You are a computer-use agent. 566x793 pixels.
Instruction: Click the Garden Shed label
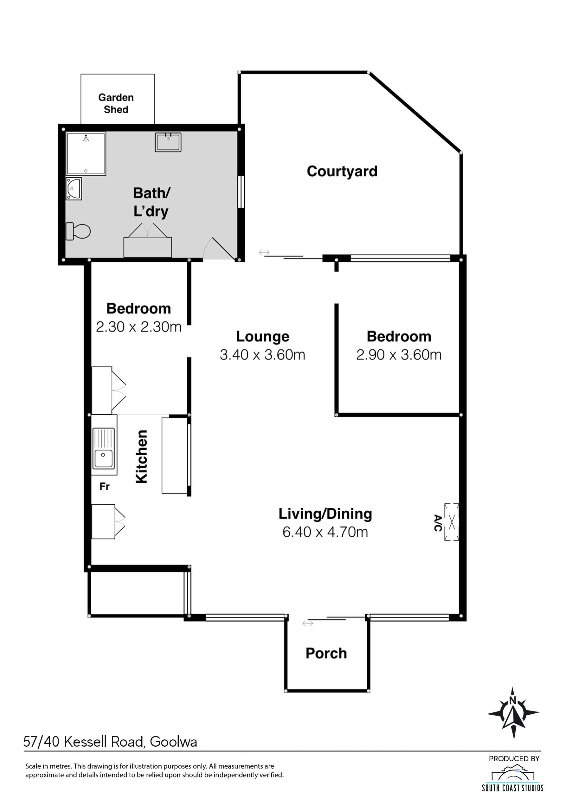tap(116, 103)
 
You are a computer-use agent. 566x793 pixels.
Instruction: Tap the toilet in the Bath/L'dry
tap(78, 231)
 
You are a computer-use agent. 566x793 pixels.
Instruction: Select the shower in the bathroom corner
tap(86, 154)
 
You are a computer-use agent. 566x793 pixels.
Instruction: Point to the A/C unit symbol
tap(452, 522)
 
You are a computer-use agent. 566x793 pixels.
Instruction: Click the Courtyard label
tap(342, 171)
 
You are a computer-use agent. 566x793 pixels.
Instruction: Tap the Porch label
tap(326, 653)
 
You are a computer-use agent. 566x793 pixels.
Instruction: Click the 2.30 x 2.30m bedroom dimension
tap(139, 327)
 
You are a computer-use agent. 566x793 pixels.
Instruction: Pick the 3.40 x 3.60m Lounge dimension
tap(262, 355)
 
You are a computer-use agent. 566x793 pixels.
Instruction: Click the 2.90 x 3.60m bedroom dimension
tap(399, 355)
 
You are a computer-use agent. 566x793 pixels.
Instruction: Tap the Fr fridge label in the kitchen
tap(104, 486)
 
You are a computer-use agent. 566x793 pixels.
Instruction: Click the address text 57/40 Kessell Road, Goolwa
tap(110, 742)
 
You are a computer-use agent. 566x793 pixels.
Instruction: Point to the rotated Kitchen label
tap(141, 457)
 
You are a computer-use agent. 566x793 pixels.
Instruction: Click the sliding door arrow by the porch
tap(308, 623)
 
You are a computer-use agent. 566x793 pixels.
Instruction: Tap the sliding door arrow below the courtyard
tap(264, 252)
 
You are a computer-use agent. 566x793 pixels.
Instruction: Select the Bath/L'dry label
tap(151, 202)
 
